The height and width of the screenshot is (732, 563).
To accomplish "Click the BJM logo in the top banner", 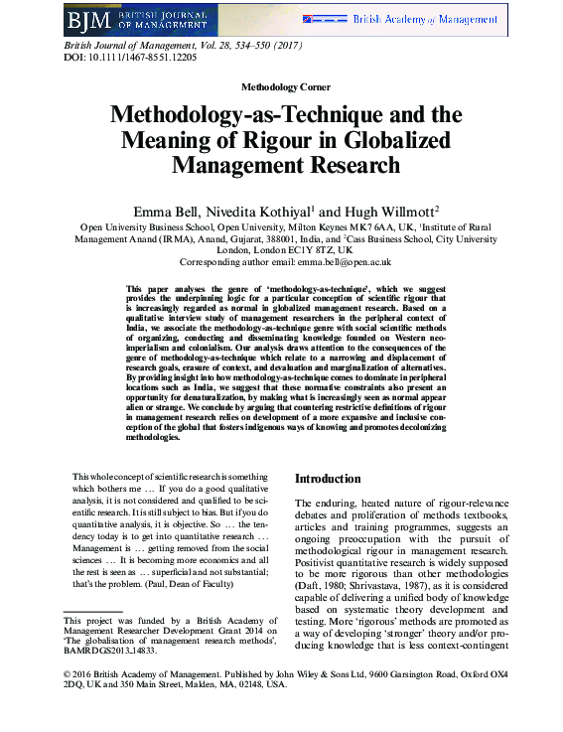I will click(87, 19).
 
